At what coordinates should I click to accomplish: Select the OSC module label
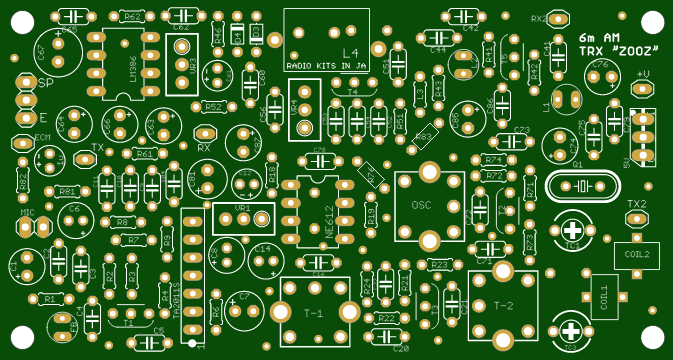coord(421,204)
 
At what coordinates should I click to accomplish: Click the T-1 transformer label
coord(313,313)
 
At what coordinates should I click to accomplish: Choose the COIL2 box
coord(637,255)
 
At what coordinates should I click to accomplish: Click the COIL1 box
coord(604,297)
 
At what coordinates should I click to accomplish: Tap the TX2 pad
coord(637,217)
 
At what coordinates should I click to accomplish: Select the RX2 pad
coord(557,17)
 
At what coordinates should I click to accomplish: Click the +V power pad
coord(643,88)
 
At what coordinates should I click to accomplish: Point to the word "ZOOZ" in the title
coord(634,51)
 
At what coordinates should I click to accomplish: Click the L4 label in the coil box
coord(350,53)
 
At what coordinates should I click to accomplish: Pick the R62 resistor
coord(131,16)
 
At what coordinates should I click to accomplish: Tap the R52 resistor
coord(213,106)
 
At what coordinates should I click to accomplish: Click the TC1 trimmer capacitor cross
coord(573,230)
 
